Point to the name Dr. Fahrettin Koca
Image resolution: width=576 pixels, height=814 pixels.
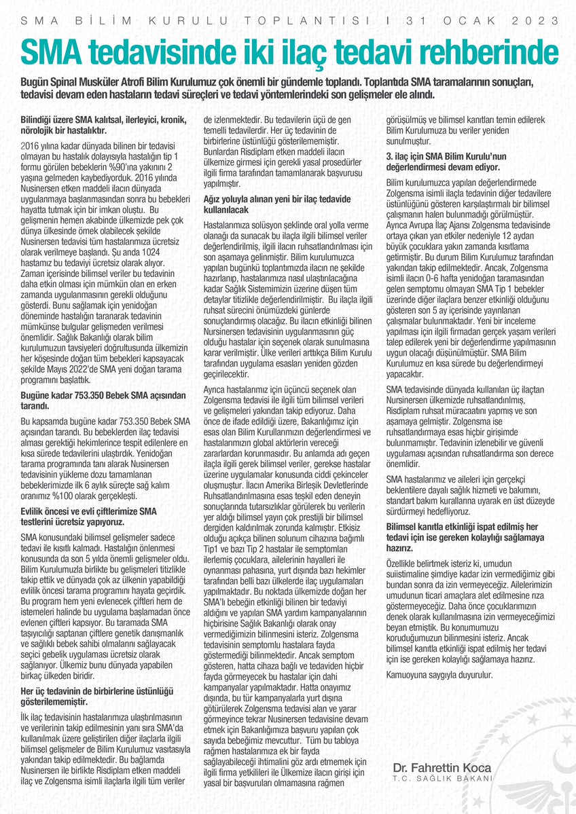442,767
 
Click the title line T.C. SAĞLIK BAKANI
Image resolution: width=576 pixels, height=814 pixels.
442,779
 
